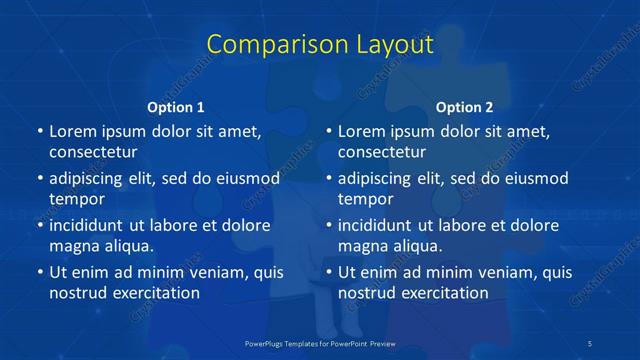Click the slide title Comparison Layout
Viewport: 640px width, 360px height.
320,45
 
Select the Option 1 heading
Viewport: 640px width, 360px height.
175,107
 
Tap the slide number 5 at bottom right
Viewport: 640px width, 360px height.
591,343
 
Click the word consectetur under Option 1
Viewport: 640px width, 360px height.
93,152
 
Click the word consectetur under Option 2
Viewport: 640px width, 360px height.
382,152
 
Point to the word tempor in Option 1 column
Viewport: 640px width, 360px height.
77,198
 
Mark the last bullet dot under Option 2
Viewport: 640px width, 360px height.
329,272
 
